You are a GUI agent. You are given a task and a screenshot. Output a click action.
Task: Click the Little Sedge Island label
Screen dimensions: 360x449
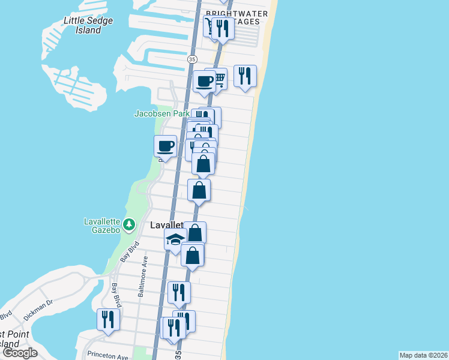(x=88, y=25)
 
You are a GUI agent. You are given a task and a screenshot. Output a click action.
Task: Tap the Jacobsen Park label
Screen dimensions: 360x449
(x=161, y=113)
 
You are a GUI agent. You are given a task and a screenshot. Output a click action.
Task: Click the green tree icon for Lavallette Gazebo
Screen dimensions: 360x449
(x=129, y=224)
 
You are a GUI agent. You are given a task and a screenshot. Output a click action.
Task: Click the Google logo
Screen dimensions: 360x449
(x=20, y=353)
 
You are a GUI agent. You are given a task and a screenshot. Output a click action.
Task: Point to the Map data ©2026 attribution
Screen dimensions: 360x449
(x=423, y=355)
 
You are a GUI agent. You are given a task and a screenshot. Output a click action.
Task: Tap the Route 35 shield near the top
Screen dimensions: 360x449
(x=192, y=59)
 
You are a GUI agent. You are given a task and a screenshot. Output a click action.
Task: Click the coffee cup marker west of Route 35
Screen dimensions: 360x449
(x=166, y=146)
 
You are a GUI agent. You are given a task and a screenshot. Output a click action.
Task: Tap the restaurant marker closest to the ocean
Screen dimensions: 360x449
(x=245, y=76)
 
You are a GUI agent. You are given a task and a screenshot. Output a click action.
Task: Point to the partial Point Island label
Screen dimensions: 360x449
(x=9, y=338)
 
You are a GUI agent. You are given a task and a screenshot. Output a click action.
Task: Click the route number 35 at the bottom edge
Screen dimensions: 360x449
(x=178, y=355)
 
